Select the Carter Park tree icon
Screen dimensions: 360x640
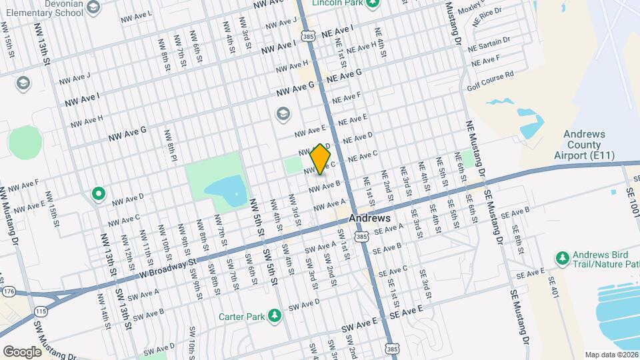[274, 316]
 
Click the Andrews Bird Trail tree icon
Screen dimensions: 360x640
[562, 257]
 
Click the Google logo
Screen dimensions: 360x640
[22, 351]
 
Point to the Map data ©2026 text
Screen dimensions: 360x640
[611, 355]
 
